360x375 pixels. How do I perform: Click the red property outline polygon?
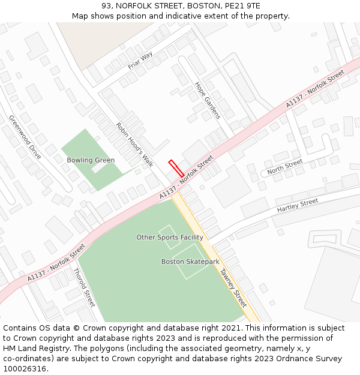176,168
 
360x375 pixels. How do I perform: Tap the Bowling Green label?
91,160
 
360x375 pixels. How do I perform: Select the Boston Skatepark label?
190,262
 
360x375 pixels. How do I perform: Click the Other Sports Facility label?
170,238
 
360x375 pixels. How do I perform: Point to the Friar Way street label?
140,61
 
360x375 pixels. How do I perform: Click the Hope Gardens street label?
208,101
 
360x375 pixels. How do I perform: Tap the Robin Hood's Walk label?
135,145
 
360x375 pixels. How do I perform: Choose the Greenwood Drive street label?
25,137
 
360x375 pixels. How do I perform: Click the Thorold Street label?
84,287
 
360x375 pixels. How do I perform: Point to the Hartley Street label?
298,205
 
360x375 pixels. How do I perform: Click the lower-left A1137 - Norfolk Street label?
56,263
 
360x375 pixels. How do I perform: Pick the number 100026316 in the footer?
25,368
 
